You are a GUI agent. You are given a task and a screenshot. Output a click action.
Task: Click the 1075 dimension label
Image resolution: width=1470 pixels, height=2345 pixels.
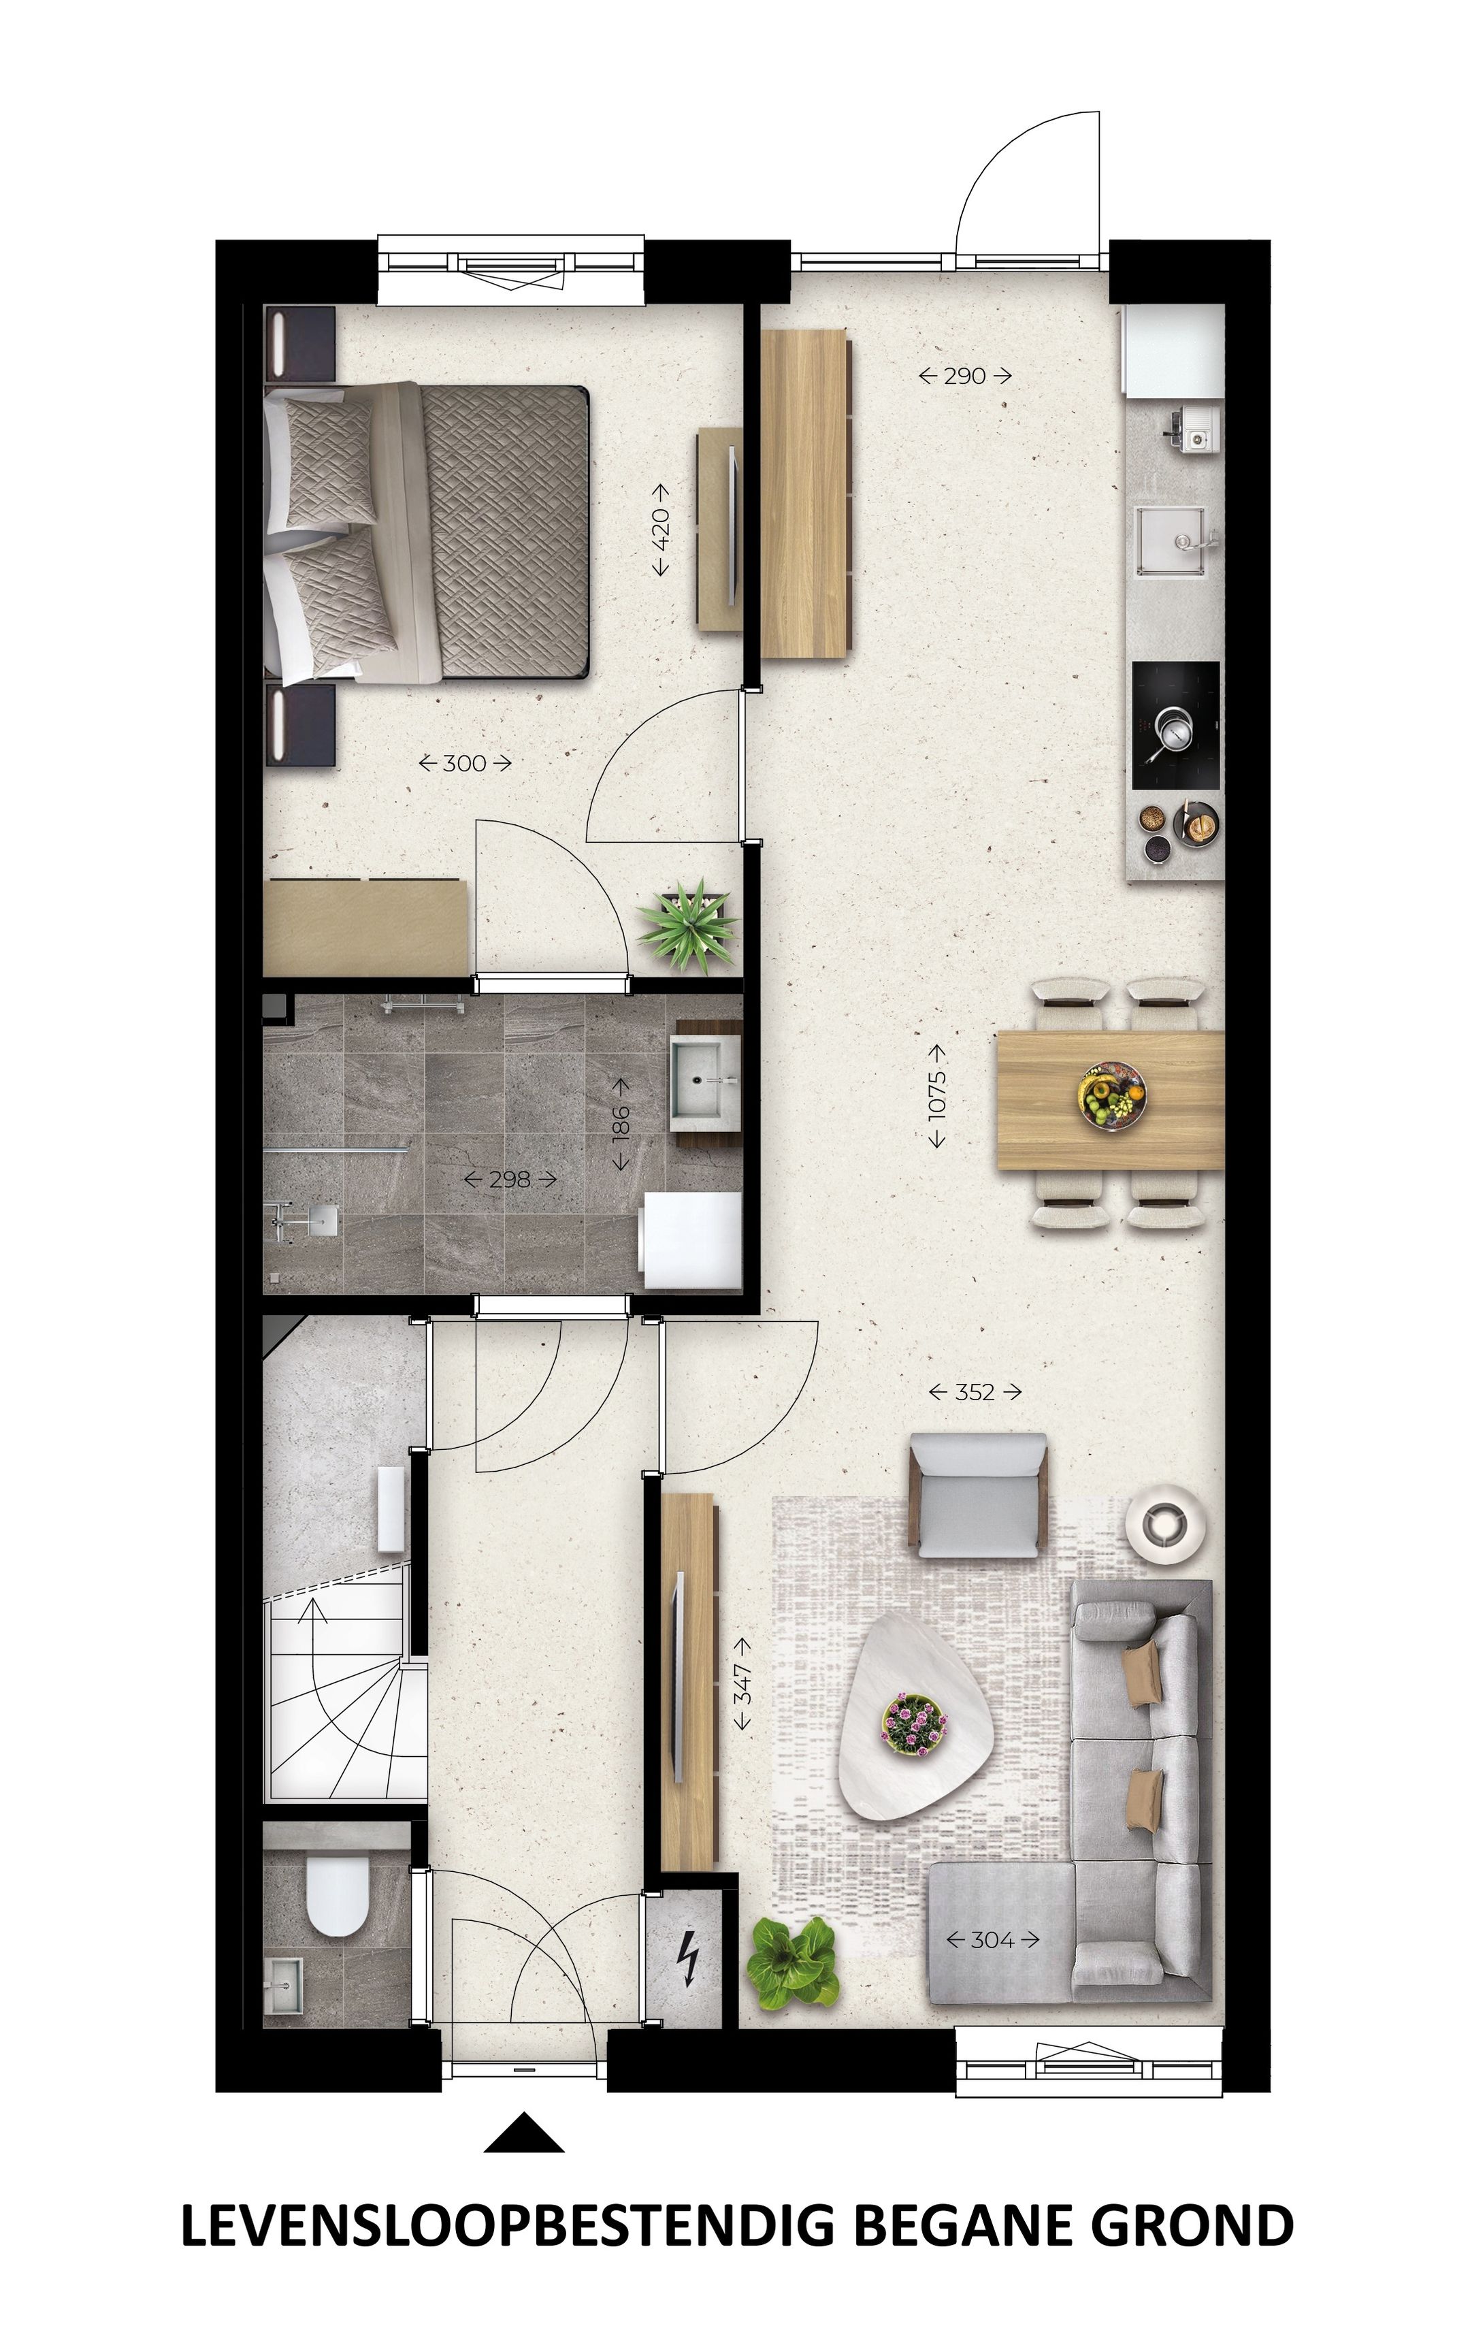click(936, 1096)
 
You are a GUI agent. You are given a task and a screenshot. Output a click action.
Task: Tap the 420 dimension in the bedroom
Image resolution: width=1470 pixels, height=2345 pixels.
click(660, 529)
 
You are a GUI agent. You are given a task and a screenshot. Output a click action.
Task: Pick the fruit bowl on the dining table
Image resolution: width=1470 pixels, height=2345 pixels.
click(1111, 1097)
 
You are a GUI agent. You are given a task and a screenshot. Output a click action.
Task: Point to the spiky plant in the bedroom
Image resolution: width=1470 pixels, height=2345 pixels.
click(687, 922)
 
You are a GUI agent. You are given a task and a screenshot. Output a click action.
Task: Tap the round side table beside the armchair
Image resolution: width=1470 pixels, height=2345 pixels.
click(1166, 1521)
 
